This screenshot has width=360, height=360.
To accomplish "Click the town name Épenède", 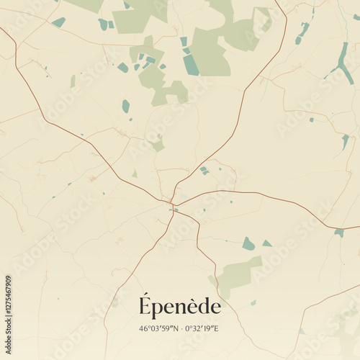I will click(179, 307).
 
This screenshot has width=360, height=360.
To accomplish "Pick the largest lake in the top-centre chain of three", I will click(191, 65).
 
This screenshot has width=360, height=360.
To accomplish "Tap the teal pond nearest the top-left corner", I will click(59, 22).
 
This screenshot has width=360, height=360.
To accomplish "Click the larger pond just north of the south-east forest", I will click(248, 243).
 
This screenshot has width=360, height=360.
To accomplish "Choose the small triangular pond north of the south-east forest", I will click(266, 243).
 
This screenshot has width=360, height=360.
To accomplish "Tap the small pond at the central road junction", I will click(174, 210).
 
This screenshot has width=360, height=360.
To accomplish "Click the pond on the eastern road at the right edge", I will click(338, 233).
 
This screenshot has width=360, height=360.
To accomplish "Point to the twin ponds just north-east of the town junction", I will click(204, 171).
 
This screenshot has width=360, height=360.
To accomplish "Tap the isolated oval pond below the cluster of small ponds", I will click(126, 106).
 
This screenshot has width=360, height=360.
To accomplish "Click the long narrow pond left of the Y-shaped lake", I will click(302, 32).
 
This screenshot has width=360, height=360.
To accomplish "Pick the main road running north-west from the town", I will click(94, 144).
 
